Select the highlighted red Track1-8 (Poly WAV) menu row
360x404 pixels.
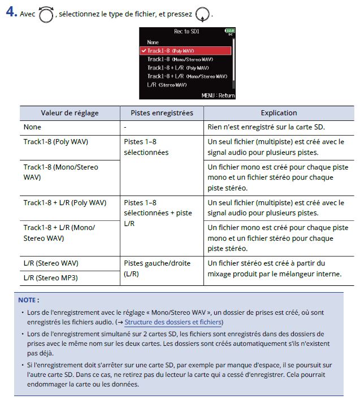[186, 51]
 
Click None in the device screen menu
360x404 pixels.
[153, 42]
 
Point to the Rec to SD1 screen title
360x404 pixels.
[186, 32]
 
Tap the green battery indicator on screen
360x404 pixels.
[229, 32]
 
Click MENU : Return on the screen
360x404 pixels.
[218, 95]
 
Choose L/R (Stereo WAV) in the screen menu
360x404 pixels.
[167, 85]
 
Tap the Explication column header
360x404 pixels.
[279, 113]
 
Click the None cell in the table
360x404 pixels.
[32, 127]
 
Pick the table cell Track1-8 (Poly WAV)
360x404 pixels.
[56, 142]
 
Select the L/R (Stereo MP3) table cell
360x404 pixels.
[51, 278]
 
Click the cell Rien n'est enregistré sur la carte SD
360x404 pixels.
[274, 127]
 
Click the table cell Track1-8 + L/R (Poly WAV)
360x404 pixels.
[65, 203]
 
